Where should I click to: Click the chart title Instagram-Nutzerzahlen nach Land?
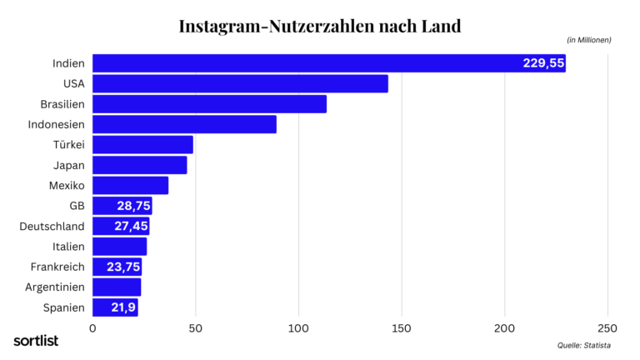(x=319, y=26)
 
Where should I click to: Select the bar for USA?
(x=240, y=83)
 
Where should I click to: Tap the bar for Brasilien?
(x=209, y=104)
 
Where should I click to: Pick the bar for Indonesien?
(x=184, y=124)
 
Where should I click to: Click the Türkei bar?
(x=142, y=145)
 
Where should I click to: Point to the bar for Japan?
(x=139, y=165)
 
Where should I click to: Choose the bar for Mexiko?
(x=130, y=185)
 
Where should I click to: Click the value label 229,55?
(x=543, y=63)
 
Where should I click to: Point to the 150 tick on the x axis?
(x=402, y=329)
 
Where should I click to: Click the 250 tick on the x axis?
(x=607, y=329)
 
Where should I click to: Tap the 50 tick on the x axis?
(x=195, y=329)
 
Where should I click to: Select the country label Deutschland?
(x=52, y=226)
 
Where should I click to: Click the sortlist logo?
(x=35, y=340)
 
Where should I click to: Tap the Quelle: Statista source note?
(x=584, y=345)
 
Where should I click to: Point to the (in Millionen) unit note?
(x=588, y=40)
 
